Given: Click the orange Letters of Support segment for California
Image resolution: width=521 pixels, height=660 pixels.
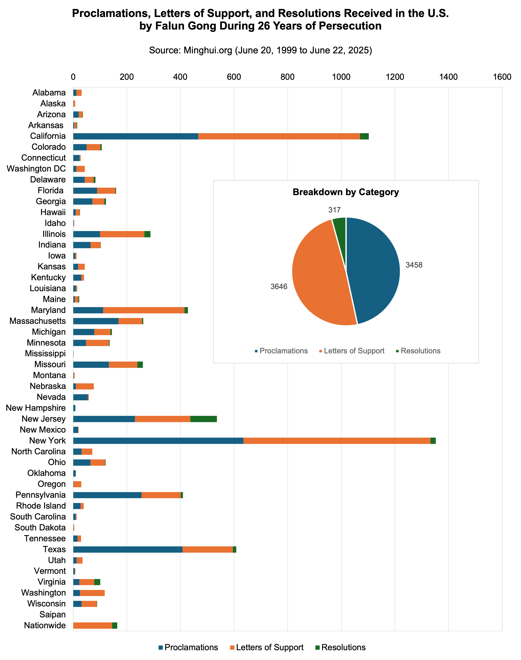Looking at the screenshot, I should [279, 136].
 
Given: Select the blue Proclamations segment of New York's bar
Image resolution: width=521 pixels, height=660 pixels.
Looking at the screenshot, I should [158, 441].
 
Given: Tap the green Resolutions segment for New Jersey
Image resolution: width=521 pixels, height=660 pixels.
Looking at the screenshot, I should [203, 419].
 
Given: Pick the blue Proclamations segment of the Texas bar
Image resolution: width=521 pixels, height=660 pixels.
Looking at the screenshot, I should [128, 550].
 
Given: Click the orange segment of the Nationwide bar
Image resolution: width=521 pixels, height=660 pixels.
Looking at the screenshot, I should [93, 625].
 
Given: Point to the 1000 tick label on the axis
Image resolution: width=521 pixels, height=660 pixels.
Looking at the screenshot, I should [341, 77].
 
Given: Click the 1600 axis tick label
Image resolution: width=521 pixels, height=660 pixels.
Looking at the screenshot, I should [502, 77].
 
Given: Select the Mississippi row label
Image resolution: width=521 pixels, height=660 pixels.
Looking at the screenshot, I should [45, 354].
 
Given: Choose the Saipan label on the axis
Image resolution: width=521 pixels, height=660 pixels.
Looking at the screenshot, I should [52, 615].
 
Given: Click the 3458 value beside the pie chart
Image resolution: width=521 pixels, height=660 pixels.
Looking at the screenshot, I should [414, 265].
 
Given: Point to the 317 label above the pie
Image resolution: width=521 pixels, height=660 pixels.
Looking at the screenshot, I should [334, 210].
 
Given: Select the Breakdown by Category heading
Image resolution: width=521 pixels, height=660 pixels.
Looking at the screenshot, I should [346, 192].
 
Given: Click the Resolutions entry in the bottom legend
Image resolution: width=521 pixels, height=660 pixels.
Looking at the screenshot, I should [343, 647].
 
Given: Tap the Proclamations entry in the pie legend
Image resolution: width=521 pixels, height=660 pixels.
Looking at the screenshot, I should [283, 351].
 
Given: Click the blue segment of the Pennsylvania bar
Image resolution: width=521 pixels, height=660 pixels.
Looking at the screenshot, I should [107, 495].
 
